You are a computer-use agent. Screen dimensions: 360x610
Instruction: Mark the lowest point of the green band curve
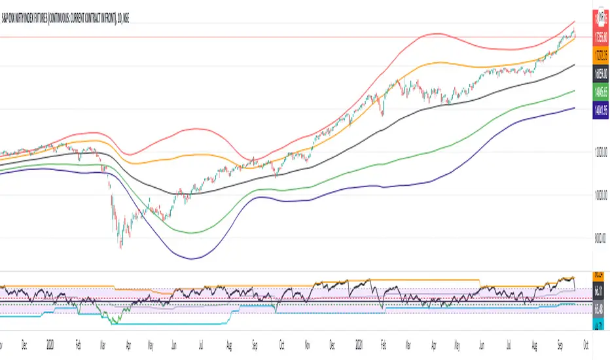coord(190,232)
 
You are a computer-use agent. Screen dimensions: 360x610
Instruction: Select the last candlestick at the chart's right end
coord(574,32)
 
